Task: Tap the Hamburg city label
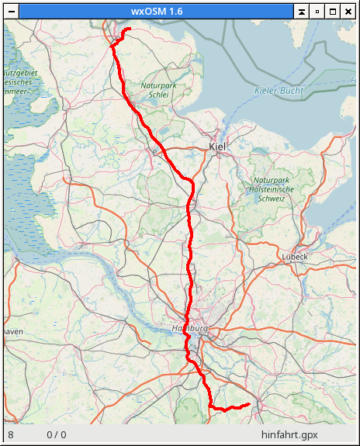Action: coord(189,328)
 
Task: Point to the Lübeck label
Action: coord(295,256)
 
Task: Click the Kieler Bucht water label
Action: coord(279,91)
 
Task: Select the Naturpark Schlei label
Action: coord(159,90)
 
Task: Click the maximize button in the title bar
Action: coord(333,11)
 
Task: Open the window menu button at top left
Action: coord(10,11)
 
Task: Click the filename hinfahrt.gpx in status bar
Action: coord(289,435)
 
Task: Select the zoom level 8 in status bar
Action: coord(11,435)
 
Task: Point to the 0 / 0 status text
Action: coord(57,435)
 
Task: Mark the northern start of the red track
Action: coord(129,29)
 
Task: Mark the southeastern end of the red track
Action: coord(248,404)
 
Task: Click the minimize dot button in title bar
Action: coord(317,11)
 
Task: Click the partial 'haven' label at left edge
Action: coord(12,331)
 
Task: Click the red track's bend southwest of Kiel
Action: coord(189,182)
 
